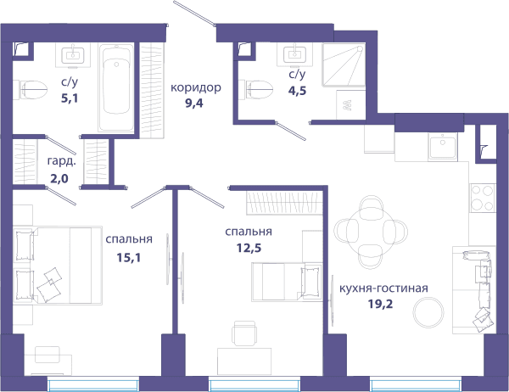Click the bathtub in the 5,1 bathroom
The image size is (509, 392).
click(x=116, y=87)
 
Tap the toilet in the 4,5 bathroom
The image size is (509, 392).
click(x=255, y=90)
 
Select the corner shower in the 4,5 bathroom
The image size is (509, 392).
click(x=344, y=65)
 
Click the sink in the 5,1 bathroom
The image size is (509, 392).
click(x=73, y=55)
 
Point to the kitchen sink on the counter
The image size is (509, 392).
click(x=443, y=147)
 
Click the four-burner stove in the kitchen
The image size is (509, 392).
click(x=483, y=198)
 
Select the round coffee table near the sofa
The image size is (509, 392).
click(x=428, y=313)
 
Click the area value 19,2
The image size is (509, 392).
click(x=380, y=304)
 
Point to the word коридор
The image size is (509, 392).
click(x=196, y=87)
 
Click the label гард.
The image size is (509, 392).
click(x=62, y=161)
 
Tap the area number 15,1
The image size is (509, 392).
click(x=129, y=258)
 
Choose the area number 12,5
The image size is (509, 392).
click(x=249, y=248)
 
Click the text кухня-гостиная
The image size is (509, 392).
click(x=383, y=288)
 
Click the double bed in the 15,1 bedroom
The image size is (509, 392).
click(x=58, y=266)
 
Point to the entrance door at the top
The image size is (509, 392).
click(x=194, y=13)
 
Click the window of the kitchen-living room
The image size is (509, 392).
click(x=416, y=385)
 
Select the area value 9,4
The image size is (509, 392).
click(x=194, y=104)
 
